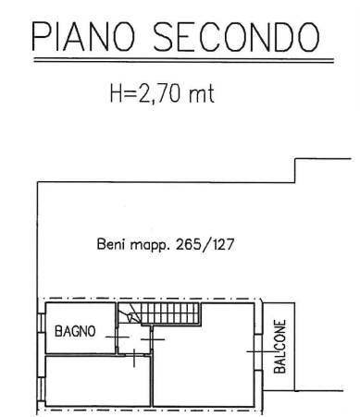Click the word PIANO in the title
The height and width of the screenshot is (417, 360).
point(83,36)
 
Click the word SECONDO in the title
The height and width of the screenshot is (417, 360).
point(236,36)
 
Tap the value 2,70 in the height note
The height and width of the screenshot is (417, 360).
point(159,93)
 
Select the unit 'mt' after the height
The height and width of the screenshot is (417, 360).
point(202,94)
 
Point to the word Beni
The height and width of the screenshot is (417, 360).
point(111,244)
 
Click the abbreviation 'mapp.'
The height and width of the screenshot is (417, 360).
point(150,246)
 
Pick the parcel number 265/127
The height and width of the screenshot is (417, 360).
point(205,245)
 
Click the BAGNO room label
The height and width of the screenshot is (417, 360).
point(75,331)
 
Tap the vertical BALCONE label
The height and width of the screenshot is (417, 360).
point(279,347)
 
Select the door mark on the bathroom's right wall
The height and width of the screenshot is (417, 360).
point(117,337)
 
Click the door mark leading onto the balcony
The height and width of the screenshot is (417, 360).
point(258,351)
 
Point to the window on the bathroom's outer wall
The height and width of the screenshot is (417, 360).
point(41,323)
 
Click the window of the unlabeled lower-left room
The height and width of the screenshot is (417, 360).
point(41,387)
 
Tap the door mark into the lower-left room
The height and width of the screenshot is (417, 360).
point(134,357)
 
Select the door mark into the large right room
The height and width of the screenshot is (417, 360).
point(152,339)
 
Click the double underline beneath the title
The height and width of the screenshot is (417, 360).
point(183,60)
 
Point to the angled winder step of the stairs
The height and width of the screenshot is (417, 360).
point(130,313)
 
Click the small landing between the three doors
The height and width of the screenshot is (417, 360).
point(134,338)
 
